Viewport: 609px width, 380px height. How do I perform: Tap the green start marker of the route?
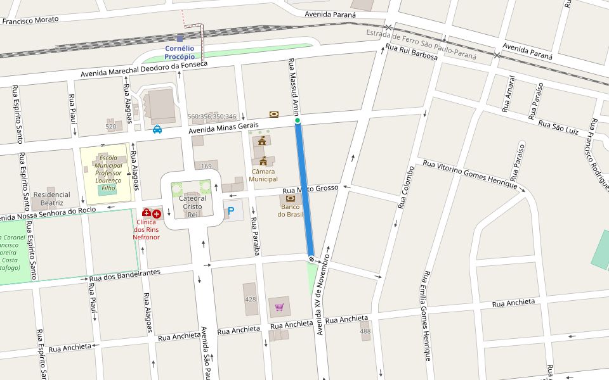click(x=297, y=120)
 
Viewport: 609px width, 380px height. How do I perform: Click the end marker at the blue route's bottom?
click(x=311, y=258)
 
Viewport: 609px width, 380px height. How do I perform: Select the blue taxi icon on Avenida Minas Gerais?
click(x=157, y=129)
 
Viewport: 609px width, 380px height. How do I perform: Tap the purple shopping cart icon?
click(x=279, y=307)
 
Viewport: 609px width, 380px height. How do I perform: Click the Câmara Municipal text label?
click(x=264, y=175)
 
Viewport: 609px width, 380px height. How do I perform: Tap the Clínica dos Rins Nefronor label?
click(x=146, y=229)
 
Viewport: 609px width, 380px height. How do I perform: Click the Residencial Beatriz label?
click(x=52, y=199)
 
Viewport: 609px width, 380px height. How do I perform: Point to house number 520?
click(x=111, y=127)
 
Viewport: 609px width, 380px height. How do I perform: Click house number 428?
click(x=250, y=299)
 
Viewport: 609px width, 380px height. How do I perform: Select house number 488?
click(x=365, y=331)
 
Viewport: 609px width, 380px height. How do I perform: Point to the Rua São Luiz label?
click(x=558, y=126)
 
